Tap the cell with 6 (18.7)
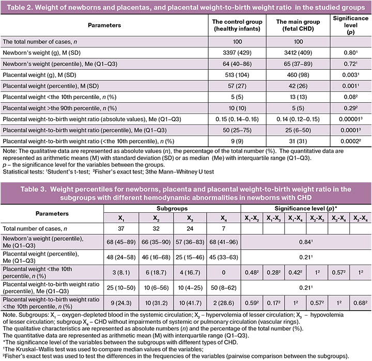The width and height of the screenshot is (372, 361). pyautogui.click(x=156, y=269)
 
